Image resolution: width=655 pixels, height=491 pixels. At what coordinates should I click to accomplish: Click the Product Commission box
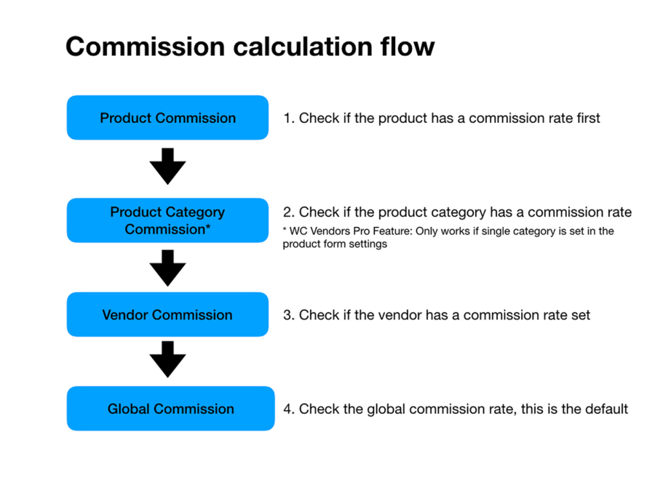(x=167, y=118)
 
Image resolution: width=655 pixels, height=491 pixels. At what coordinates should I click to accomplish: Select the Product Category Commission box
(x=167, y=220)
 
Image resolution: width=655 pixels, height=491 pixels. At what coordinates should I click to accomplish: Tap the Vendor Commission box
(x=167, y=315)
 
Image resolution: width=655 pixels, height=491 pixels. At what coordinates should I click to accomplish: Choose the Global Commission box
(x=170, y=409)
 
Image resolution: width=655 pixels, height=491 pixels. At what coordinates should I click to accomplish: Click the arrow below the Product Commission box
(x=168, y=166)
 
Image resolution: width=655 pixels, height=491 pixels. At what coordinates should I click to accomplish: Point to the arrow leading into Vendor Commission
(x=168, y=268)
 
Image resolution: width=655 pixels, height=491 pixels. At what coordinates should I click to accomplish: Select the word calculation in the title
(x=298, y=47)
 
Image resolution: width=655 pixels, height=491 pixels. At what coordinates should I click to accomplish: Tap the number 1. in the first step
(x=289, y=118)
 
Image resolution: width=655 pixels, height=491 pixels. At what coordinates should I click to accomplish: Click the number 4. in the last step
(x=289, y=409)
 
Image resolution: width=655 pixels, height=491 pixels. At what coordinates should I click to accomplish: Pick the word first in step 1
(x=586, y=118)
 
